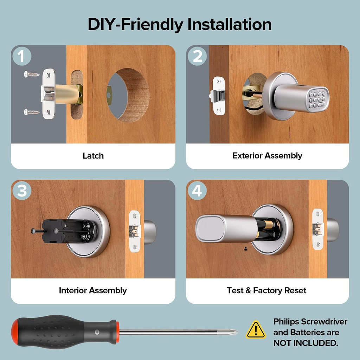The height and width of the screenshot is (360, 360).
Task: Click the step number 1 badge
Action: [x=22, y=56]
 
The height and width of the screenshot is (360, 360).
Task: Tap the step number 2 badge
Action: [x=197, y=56]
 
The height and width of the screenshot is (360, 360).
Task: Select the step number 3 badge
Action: [x=22, y=191]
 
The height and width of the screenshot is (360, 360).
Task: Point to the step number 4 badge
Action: [x=197, y=191]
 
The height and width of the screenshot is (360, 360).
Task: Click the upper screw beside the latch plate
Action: [x=32, y=74]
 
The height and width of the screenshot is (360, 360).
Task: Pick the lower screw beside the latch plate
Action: [x=32, y=112]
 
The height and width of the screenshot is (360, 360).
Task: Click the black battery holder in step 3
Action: [x=69, y=231]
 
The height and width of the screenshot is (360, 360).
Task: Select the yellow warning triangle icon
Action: [x=256, y=330]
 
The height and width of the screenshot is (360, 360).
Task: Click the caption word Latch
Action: [x=93, y=156]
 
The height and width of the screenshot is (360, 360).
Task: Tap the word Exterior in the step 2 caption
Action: [x=247, y=155]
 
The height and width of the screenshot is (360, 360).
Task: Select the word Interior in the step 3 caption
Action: [x=73, y=290]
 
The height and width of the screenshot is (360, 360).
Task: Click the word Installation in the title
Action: [x=229, y=24]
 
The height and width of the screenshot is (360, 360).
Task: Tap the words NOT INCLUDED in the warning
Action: [x=306, y=343]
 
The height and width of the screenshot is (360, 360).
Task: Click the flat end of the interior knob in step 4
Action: [x=210, y=229]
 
